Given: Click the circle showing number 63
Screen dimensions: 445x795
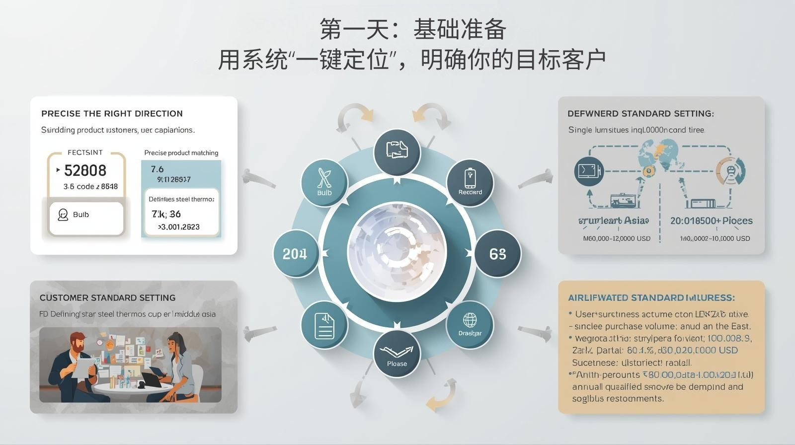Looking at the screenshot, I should tap(497, 254).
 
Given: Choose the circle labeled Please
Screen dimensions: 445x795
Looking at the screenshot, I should tap(397, 354).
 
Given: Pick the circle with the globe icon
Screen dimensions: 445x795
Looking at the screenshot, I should tap(470, 324).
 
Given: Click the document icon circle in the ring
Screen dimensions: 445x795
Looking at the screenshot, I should tap(324, 325).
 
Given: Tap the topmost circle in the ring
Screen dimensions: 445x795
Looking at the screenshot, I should tap(397, 151).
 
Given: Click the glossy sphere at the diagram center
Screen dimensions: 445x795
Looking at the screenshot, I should tap(397, 252).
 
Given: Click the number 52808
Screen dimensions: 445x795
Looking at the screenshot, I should tap(85, 171).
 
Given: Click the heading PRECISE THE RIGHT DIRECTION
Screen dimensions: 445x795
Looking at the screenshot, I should tap(112, 114).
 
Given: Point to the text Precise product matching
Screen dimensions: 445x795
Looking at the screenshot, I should tap(181, 153).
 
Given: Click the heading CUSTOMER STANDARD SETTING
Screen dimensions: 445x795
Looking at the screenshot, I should tap(107, 298).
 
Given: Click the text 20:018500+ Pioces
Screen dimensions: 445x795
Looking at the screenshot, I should tap(711, 221).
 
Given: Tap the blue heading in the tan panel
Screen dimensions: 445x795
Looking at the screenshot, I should tap(651, 298).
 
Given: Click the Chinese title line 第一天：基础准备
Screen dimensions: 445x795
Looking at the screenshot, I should tap(412, 30).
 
